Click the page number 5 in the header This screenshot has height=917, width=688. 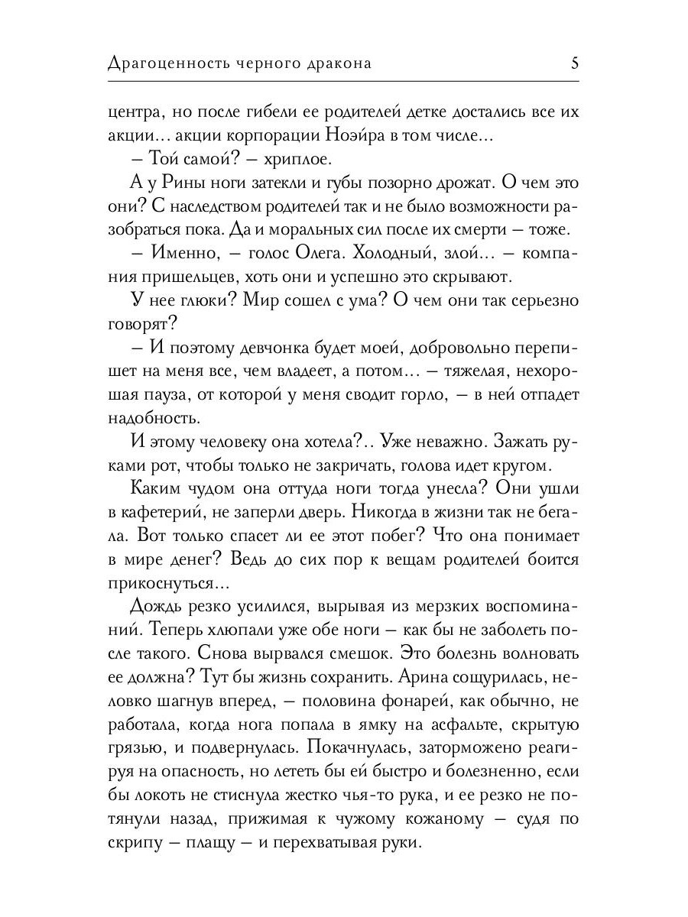[x=574, y=63]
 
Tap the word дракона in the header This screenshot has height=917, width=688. [x=338, y=63]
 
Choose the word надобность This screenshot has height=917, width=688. [x=155, y=419]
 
